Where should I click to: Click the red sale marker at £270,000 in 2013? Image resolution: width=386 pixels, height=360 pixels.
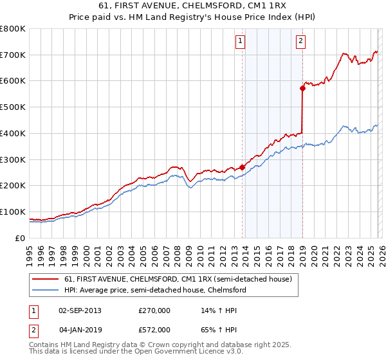243,167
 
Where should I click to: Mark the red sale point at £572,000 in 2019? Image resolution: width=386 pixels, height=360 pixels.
302,89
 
